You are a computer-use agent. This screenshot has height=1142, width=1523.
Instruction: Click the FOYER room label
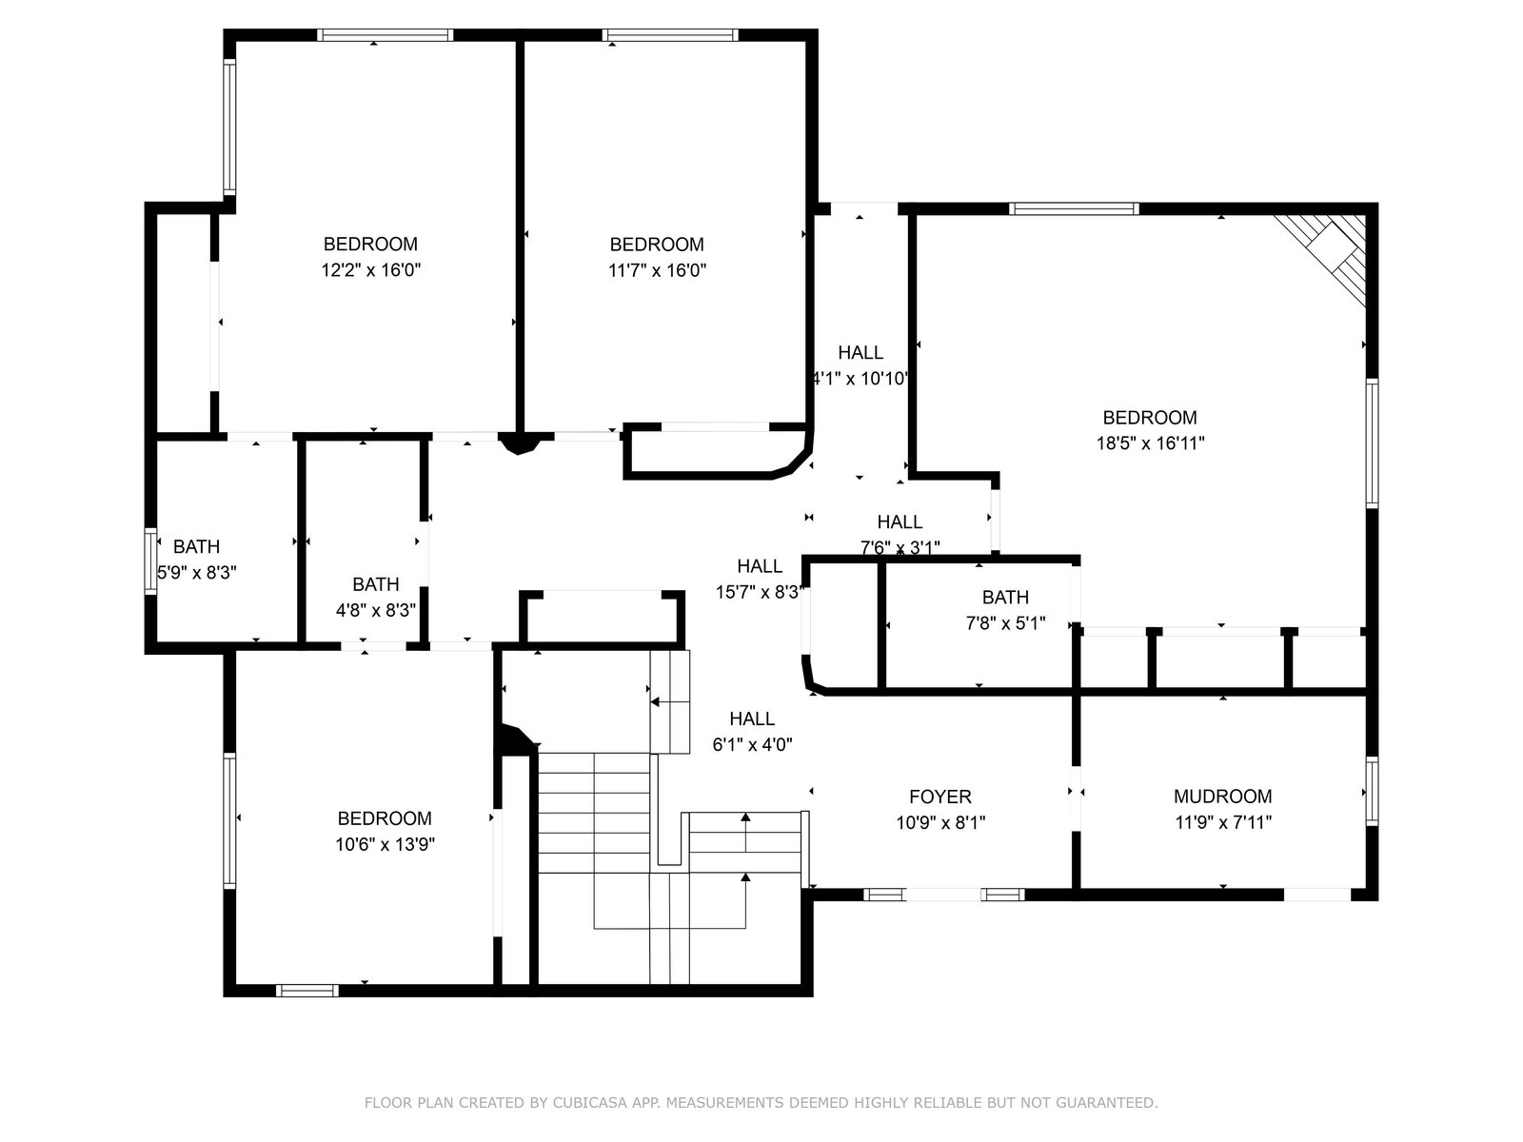940,796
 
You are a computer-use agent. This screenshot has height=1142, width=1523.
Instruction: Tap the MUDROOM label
1222,796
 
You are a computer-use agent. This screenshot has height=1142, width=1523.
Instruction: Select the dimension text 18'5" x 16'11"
1150,443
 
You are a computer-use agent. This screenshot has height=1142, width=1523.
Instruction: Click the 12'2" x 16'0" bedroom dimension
370,269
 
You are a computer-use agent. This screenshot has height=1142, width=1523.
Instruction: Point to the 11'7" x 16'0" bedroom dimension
657,269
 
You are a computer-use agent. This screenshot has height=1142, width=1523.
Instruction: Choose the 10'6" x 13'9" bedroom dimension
385,844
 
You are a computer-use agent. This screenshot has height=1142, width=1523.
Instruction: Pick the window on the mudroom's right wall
1372,791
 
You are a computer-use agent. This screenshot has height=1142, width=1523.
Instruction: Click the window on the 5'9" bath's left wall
150,561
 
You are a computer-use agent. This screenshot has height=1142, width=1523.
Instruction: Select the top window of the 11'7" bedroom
669,35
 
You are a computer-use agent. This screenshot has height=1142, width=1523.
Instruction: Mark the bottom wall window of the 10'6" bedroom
307,991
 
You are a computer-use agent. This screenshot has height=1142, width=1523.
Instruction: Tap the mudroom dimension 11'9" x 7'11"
1222,822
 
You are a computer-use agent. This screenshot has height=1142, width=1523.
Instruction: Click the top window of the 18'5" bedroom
1074,208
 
